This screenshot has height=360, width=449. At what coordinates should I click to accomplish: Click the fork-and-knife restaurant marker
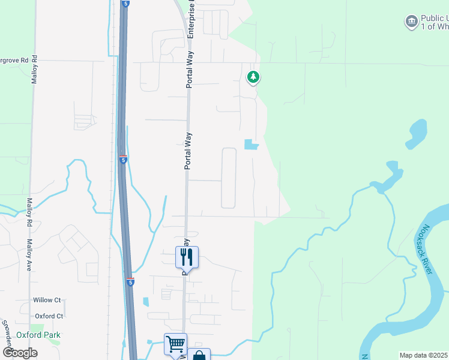pyautogui.click(x=187, y=257)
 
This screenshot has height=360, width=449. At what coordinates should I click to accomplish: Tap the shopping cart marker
pyautogui.click(x=175, y=344)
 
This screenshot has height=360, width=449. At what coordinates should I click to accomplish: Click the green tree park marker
pyautogui.click(x=253, y=77)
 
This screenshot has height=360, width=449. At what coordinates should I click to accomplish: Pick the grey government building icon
pyautogui.click(x=411, y=22)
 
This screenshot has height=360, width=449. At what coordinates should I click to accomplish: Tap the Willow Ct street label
pyautogui.click(x=47, y=300)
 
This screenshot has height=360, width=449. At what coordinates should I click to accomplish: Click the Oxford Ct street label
pyautogui.click(x=49, y=316)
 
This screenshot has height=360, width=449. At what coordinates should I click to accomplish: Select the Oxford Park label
pyautogui.click(x=38, y=335)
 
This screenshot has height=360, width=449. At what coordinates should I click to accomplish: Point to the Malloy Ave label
pyautogui.click(x=29, y=255)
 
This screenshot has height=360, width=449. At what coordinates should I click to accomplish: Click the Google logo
pyautogui.click(x=20, y=353)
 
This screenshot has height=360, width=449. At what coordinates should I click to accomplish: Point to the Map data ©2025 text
pyautogui.click(x=423, y=355)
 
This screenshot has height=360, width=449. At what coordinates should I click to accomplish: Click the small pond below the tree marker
pyautogui.click(x=251, y=145)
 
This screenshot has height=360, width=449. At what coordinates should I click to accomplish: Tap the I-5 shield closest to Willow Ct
pyautogui.click(x=130, y=282)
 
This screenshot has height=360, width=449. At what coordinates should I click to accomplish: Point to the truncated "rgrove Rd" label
pyautogui.click(x=14, y=61)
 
